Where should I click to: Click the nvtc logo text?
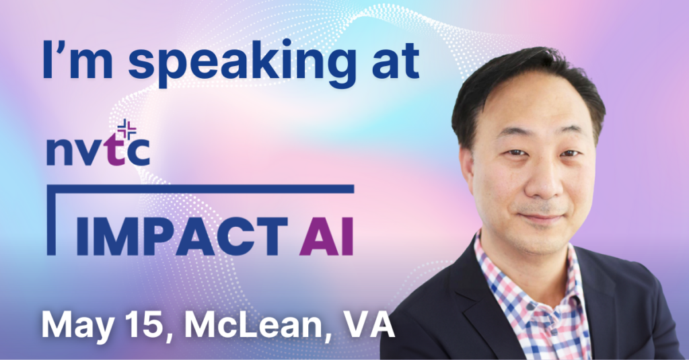pyautogui.click(x=98, y=150)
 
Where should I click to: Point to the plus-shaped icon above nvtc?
pyautogui.click(x=127, y=129)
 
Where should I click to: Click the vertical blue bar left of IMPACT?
pyautogui.click(x=51, y=220)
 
